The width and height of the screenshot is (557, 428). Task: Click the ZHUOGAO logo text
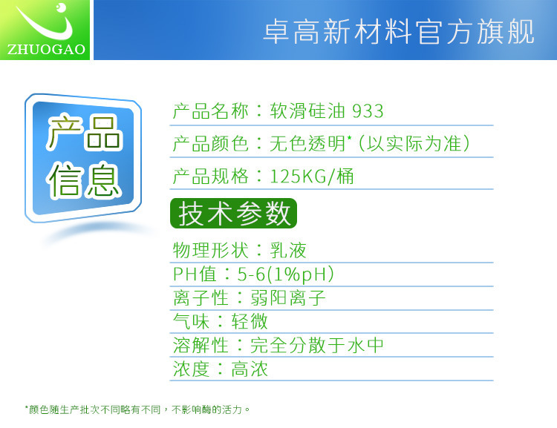pos(46,50)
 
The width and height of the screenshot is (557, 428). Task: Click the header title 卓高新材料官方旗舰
pos(399,32)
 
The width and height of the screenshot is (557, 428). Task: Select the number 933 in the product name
pos(368,111)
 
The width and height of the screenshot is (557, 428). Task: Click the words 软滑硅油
pos(307,111)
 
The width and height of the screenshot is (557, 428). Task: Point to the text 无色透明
pos(307,144)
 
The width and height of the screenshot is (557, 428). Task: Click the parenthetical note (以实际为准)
pos(414,144)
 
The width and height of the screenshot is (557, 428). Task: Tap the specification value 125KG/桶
pos(312,176)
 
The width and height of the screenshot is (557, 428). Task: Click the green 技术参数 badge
pos(233,214)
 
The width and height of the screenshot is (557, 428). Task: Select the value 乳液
pos(288,251)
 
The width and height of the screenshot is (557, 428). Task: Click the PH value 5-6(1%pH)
pos(286,274)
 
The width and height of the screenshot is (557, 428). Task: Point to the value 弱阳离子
pos(288,297)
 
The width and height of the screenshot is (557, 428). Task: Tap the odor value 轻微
pos(250,321)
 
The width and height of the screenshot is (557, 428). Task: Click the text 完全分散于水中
pos(317,346)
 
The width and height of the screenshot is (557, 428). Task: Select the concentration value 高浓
pos(250,369)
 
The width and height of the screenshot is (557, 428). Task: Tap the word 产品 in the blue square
pos(85,132)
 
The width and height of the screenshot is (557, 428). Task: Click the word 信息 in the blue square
pos(85,180)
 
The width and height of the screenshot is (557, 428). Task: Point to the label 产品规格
pos(210,177)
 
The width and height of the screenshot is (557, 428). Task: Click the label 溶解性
pos(201,346)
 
